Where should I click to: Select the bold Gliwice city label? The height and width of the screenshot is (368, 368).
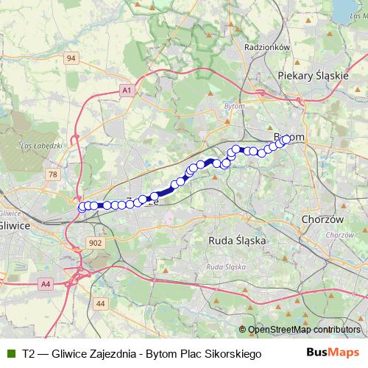[x=13, y=225]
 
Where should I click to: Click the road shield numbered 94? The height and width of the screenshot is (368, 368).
[x=71, y=57]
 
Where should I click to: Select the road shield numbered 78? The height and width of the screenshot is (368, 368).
[x=52, y=174]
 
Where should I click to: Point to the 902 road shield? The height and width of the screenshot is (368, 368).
[x=94, y=242]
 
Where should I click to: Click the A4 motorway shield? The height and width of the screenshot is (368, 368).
[x=46, y=283]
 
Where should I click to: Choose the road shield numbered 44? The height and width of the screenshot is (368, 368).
[x=101, y=302]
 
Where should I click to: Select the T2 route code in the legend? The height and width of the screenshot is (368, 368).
[x=28, y=354]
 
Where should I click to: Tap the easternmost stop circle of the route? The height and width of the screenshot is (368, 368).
[x=286, y=138]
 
